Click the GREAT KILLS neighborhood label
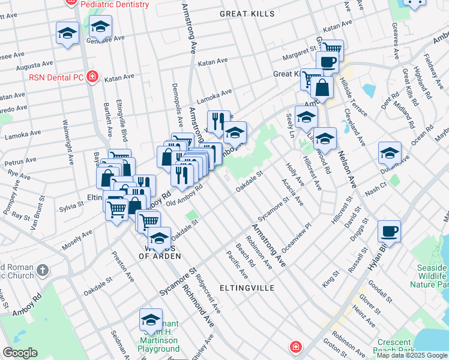pos(247,13)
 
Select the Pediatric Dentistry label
pos(113,4)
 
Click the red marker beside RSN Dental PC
pos(92,76)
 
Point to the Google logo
pos(20,353)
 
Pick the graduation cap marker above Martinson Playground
pos(151,319)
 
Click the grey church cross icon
pos(42,269)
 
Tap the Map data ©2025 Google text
pos(412,355)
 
